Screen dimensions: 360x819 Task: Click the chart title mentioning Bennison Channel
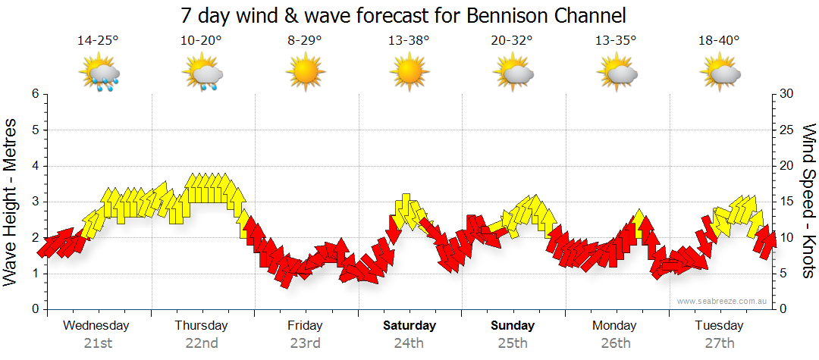pyautogui.click(x=403, y=15)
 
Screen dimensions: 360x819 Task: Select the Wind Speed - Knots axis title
pyautogui.click(x=807, y=200)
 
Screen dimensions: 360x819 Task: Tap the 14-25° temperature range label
pyautogui.click(x=98, y=41)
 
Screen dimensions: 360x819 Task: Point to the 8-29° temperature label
pyautogui.click(x=304, y=41)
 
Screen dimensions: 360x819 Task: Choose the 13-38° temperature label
pyautogui.click(x=408, y=41)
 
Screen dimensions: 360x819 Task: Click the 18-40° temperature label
pyautogui.click(x=719, y=41)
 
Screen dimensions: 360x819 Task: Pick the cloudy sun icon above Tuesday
pyautogui.click(x=720, y=73)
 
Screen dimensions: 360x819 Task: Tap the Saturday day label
pyautogui.click(x=409, y=326)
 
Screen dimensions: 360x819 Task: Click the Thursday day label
pyautogui.click(x=201, y=326)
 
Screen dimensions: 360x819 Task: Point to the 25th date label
pyautogui.click(x=512, y=343)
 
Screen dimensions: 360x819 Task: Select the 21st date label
pyautogui.click(x=97, y=343)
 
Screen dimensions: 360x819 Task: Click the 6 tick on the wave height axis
pyautogui.click(x=34, y=94)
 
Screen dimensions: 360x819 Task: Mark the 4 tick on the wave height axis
pyautogui.click(x=34, y=166)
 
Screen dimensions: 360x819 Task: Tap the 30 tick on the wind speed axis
pyautogui.click(x=787, y=94)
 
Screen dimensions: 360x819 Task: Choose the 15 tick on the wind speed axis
pyautogui.click(x=787, y=202)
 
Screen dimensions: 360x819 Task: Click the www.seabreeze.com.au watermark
pyautogui.click(x=723, y=301)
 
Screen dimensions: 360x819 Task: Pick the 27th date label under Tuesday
pyautogui.click(x=719, y=343)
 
